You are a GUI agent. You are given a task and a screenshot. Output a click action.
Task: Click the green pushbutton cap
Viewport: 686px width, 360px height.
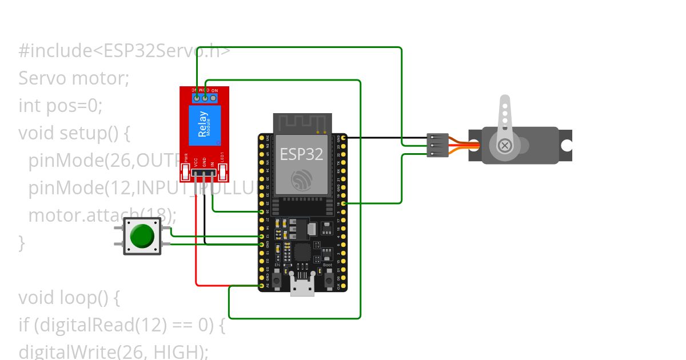point(142,236)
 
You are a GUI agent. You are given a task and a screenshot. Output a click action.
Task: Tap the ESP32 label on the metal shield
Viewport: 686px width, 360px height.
point(301,154)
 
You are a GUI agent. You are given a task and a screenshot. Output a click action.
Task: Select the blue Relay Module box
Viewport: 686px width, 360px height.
point(204,127)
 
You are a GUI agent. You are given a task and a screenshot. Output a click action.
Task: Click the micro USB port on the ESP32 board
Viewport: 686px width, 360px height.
point(302,287)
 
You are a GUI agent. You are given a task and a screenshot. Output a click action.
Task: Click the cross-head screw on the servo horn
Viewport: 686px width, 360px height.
point(505,145)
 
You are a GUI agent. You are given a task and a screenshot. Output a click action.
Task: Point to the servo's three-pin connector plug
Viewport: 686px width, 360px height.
point(438,146)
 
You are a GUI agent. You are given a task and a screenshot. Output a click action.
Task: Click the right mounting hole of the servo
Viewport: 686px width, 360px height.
point(566,146)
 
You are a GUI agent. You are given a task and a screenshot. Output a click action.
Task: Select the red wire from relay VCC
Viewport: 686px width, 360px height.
point(196,240)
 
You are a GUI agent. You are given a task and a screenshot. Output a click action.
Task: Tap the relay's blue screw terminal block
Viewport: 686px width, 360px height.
point(204,98)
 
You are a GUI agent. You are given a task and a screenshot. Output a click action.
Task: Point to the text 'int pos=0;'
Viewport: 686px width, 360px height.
point(60,105)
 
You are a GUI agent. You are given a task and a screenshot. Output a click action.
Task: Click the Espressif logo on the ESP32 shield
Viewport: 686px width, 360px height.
point(302,181)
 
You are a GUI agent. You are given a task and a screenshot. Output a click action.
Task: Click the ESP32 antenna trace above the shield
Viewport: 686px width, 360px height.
point(302,122)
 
